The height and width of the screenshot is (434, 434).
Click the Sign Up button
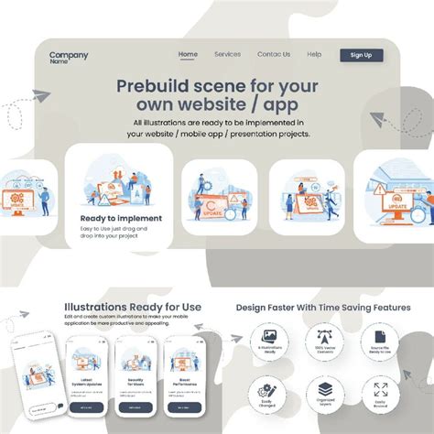tap(361, 55)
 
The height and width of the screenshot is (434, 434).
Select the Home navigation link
tap(188, 54)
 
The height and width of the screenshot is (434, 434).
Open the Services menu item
tap(227, 54)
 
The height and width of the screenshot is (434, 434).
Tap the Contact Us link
tap(274, 54)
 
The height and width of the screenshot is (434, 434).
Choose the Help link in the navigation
tap(314, 54)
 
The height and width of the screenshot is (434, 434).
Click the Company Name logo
tap(68, 58)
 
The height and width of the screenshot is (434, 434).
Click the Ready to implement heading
tap(121, 218)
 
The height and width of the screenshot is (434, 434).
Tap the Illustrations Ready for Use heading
tap(133, 307)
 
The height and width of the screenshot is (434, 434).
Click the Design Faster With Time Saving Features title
tap(323, 308)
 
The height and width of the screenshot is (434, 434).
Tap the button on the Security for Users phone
tap(136, 407)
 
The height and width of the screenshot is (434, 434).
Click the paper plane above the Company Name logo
tap(40, 95)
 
